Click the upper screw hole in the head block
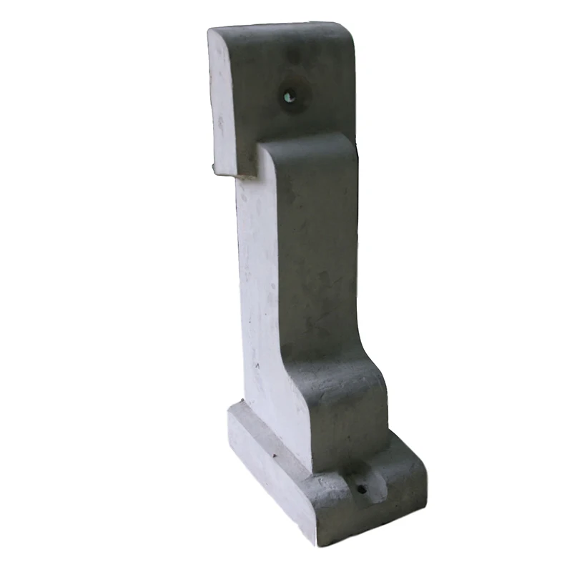click(x=289, y=95)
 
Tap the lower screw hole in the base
click(x=361, y=489)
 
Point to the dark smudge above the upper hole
click(x=293, y=54)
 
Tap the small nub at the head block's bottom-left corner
click(x=212, y=169)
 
